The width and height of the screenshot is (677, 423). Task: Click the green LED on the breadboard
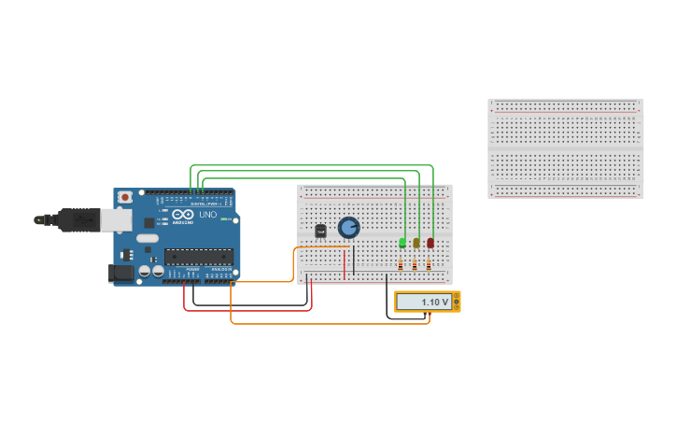click(402, 243)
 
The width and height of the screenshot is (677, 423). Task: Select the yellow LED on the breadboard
click(416, 243)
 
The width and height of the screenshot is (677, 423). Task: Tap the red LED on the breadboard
click(430, 243)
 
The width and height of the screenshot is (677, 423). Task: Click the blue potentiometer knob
click(348, 227)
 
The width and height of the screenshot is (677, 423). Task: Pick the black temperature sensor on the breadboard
click(320, 231)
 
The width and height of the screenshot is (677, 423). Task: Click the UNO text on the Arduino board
click(208, 215)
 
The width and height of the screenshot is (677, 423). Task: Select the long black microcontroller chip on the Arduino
click(198, 256)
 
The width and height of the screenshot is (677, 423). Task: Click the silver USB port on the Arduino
click(116, 219)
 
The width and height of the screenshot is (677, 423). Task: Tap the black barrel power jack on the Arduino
click(120, 273)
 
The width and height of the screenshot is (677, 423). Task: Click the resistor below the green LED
click(401, 265)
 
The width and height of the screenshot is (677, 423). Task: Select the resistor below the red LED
click(429, 265)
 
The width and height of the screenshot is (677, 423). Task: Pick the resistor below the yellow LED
click(415, 265)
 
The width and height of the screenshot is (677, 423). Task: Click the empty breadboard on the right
click(565, 148)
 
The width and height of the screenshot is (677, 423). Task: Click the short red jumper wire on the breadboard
click(344, 263)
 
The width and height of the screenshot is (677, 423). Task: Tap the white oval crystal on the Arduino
click(148, 238)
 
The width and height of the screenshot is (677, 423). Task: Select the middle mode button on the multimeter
click(457, 302)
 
